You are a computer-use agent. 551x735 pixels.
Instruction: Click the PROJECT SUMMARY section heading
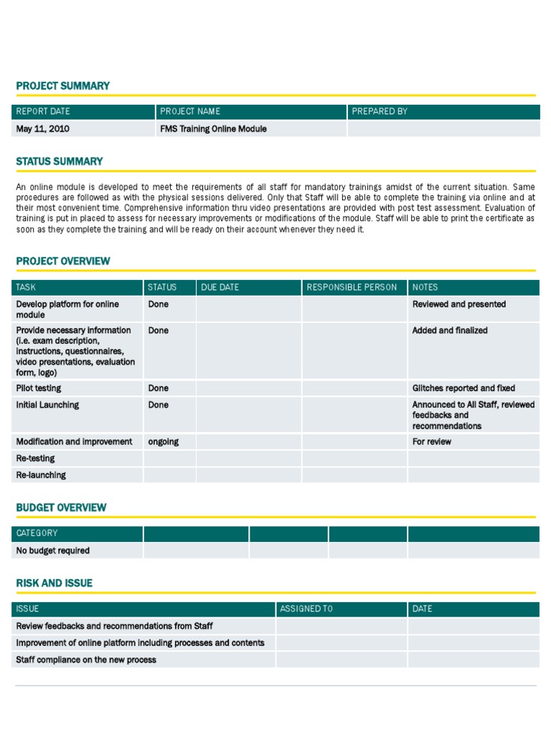[x=63, y=86]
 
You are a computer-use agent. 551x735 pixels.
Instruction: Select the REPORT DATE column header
[x=43, y=111]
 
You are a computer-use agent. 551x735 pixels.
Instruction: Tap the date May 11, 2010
[x=43, y=129]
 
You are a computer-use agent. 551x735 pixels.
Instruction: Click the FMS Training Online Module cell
[x=213, y=129]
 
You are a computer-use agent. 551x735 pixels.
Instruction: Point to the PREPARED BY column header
[x=380, y=111]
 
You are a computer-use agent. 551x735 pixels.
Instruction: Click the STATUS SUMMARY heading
[x=60, y=161]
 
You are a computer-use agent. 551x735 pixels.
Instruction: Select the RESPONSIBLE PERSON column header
[x=352, y=287]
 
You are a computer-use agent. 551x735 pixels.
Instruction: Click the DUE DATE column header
[x=220, y=287]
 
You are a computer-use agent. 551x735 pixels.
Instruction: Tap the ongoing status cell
[x=164, y=442]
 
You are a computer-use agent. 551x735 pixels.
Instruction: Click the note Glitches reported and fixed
[x=463, y=388]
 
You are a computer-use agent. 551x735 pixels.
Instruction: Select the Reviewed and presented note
[x=459, y=304]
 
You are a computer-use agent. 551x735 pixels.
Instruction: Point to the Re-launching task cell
[x=41, y=475]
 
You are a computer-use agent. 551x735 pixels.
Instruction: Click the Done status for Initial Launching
[x=159, y=405]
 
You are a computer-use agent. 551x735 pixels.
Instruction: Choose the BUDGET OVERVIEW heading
[x=62, y=507]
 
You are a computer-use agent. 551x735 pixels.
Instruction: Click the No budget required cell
[x=53, y=551]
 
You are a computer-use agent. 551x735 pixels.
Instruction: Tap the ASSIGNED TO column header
[x=306, y=609]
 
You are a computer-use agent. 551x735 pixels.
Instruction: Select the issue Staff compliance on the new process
[x=86, y=660]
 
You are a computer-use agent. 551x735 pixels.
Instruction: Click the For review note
[x=432, y=442]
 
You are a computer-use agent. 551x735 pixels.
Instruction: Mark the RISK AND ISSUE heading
[x=55, y=584]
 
